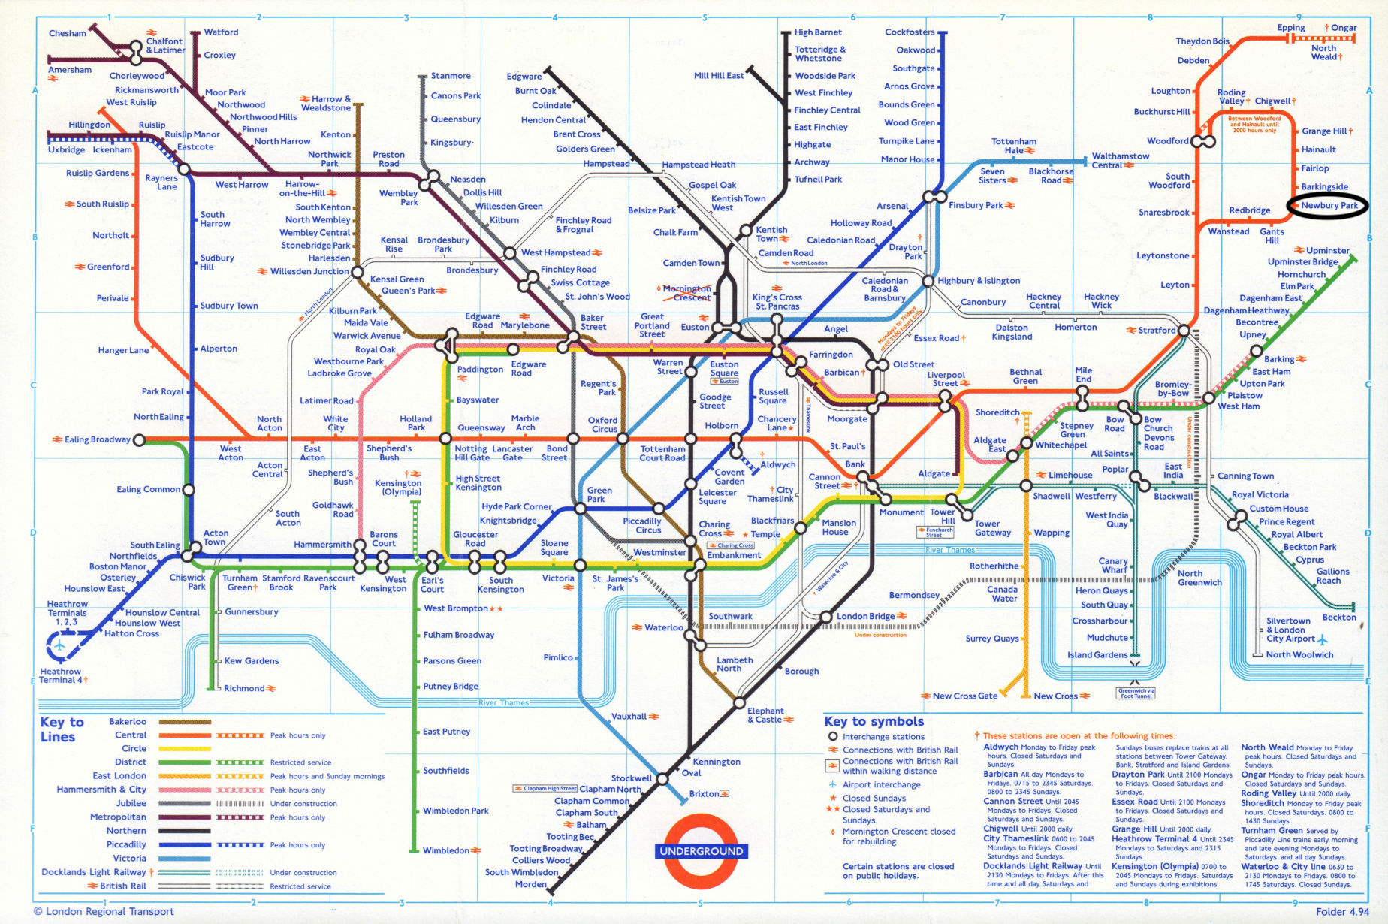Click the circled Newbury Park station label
point(1329,205)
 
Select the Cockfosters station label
point(910,32)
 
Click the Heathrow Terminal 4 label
point(62,675)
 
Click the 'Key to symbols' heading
point(874,721)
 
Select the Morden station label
point(530,884)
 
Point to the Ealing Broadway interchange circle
point(139,440)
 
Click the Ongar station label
point(1344,28)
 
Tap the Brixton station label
point(704,794)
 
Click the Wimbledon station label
point(445,850)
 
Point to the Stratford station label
point(1156,331)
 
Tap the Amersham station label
point(70,70)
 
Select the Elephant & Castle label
point(765,715)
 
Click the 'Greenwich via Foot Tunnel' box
point(1136,693)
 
